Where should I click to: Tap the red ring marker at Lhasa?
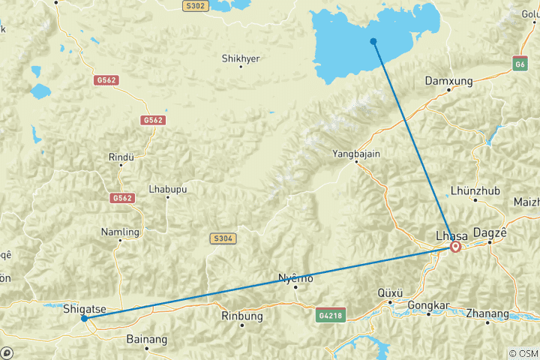point(455,246)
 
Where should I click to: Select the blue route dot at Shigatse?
point(84,318)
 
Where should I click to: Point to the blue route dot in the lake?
point(373,40)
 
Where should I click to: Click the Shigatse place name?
point(84,308)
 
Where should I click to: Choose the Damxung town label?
point(448,80)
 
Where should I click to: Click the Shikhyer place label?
point(241,58)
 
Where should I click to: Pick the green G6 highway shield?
point(520,64)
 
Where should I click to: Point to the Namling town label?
point(120,232)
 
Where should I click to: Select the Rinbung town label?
point(242,316)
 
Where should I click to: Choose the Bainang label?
point(147,339)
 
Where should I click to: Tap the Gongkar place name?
point(428,305)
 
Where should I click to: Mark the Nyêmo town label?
point(295,278)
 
